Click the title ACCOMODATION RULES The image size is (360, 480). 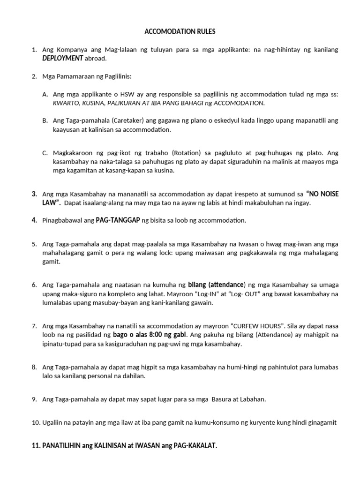pyautogui.click(x=180, y=32)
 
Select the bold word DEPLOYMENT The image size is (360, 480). pyautogui.click(x=63, y=58)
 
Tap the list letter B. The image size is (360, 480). pyautogui.click(x=45, y=120)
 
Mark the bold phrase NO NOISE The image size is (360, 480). pyautogui.click(x=323, y=194)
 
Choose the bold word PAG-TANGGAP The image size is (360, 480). pyautogui.click(x=118, y=220)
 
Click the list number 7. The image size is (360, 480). pyautogui.click(x=34, y=326)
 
